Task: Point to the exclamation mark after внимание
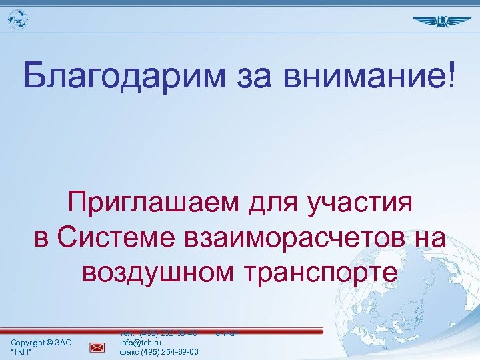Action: [454, 76]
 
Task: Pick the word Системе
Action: [124, 237]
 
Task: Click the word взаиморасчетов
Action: [301, 237]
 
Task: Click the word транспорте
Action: [323, 271]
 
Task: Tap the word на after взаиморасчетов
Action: [427, 237]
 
